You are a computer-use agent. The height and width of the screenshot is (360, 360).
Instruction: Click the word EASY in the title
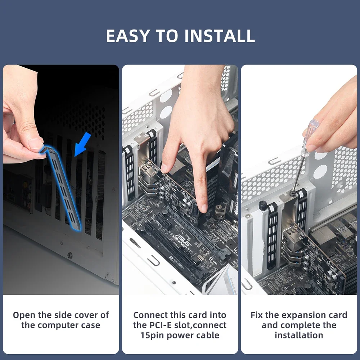[128, 36]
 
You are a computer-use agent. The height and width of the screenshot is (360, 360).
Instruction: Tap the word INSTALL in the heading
[220, 36]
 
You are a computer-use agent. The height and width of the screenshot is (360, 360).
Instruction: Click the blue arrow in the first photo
[83, 144]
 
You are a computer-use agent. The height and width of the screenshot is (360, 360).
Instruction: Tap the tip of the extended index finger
[204, 210]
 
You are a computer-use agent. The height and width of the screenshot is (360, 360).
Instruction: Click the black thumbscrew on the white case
[262, 205]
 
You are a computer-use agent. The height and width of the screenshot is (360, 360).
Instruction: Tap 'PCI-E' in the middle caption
[161, 325]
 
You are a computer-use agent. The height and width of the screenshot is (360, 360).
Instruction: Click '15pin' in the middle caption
[152, 336]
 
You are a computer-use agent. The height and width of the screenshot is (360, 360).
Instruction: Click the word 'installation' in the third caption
[299, 335]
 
